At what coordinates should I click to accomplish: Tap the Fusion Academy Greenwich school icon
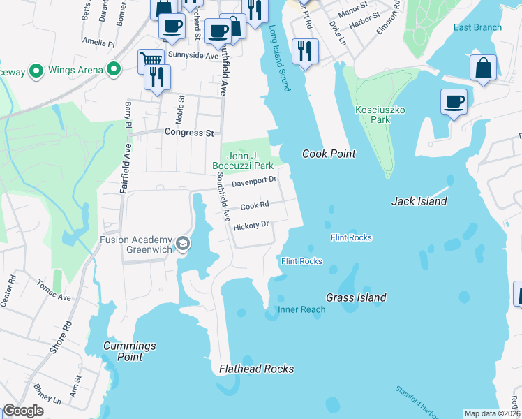pos(183,243)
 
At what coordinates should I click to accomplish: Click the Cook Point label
pos(329,154)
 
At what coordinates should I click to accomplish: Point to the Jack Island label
pos(419,201)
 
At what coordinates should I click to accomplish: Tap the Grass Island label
pos(357,297)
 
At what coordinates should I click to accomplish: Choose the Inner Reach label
pos(301,309)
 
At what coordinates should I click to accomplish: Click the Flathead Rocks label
pos(256,369)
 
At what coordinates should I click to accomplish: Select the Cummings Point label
pos(129,351)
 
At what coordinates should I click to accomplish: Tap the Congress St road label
pos(188,132)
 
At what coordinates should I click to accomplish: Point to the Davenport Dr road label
pos(255,181)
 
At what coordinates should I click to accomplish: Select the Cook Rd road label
pos(255,206)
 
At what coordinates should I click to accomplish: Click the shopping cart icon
pos(151,60)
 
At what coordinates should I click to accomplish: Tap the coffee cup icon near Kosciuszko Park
pos(454,102)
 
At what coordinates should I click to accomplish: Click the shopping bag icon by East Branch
pos(483,68)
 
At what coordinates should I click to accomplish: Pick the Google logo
pos(23,411)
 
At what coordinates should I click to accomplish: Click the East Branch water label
pos(477,28)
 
